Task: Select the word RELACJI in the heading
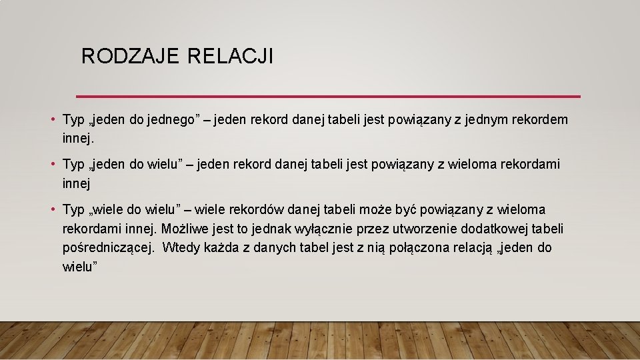[231, 56]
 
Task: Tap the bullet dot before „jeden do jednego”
[53, 120]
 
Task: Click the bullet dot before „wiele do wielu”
[53, 210]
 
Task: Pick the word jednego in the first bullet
[166, 120]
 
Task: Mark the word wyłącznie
[326, 229]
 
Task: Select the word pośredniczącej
[106, 248]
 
